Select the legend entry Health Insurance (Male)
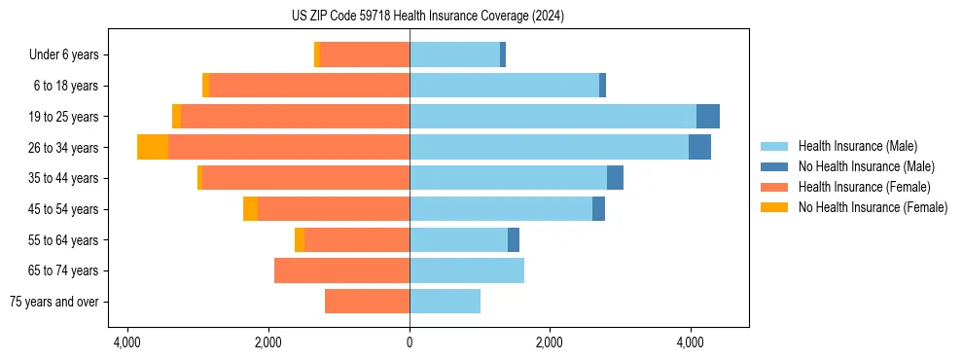tap(857, 146)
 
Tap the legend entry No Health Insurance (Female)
tap(873, 207)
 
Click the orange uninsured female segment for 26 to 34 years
tap(153, 147)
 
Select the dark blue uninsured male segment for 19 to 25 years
tap(708, 116)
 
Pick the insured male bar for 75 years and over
tap(445, 302)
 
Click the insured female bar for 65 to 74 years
tap(341, 270)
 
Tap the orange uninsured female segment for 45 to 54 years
tap(250, 209)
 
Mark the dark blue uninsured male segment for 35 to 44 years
tap(615, 178)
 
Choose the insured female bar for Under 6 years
tap(365, 55)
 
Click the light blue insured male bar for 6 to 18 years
tap(504, 86)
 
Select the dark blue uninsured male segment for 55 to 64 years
tap(514, 239)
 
